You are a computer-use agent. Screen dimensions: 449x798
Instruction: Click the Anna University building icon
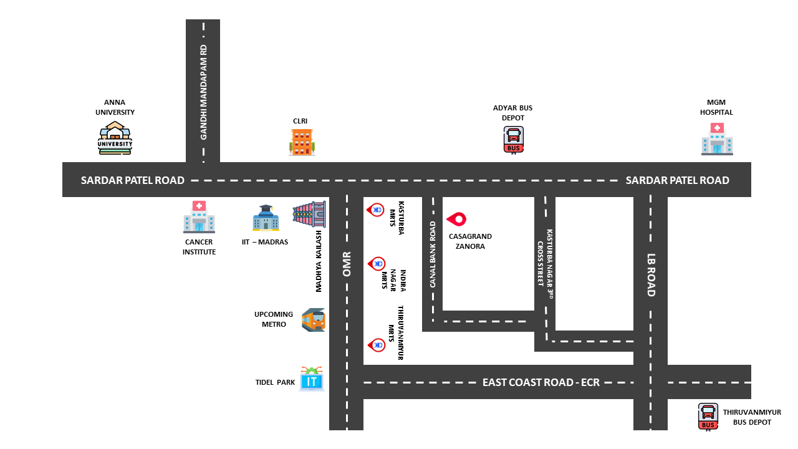(115, 138)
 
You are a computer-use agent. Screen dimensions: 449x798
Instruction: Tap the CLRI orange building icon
(302, 142)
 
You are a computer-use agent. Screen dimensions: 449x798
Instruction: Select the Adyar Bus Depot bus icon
(514, 140)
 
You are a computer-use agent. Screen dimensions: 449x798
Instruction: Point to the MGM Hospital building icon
(717, 138)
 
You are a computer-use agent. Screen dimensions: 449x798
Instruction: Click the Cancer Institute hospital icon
(199, 216)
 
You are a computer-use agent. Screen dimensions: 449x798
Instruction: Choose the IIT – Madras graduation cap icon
(266, 218)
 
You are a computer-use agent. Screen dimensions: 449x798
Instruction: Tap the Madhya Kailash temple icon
(310, 214)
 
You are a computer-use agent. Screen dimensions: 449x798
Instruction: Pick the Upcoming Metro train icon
(314, 320)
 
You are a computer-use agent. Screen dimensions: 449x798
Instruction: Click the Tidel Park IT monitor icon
(312, 379)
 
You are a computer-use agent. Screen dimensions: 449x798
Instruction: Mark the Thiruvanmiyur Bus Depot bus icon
(708, 417)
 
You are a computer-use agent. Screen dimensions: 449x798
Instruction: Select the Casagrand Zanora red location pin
(456, 219)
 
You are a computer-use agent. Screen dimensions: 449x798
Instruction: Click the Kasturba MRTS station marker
(376, 210)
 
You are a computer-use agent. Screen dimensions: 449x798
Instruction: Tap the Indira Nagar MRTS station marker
(377, 264)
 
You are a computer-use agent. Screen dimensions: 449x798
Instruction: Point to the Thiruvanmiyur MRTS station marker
(377, 344)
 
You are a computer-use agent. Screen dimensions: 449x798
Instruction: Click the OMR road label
(347, 264)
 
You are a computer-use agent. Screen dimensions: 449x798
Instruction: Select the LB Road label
(651, 274)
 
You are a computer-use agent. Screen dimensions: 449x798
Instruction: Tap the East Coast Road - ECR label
(541, 382)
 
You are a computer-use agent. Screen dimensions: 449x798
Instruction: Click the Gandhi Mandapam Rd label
(203, 92)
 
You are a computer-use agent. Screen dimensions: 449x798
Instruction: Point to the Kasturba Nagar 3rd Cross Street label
(546, 265)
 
